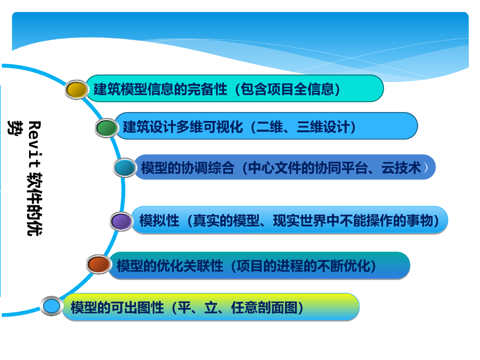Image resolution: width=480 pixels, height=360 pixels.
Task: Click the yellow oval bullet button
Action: pyautogui.click(x=76, y=90)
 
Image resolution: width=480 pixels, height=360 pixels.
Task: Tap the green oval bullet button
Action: pyautogui.click(x=106, y=127)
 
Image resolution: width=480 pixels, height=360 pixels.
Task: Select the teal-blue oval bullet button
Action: pyautogui.click(x=124, y=167)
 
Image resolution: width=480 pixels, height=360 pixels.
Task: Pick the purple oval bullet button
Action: pyautogui.click(x=121, y=221)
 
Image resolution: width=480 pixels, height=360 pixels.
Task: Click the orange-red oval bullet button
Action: pyautogui.click(x=98, y=265)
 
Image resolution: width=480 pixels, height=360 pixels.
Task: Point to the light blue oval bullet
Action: pyautogui.click(x=52, y=306)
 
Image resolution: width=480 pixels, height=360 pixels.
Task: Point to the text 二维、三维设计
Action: pyautogui.click(x=304, y=127)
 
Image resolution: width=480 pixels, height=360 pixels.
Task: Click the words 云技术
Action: pyautogui.click(x=401, y=168)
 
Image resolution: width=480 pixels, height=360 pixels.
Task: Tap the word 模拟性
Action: pyautogui.click(x=159, y=220)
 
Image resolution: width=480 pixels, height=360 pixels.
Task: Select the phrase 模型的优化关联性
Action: pyautogui.click(x=170, y=266)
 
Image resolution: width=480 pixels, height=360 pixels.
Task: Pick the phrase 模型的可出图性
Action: pyautogui.click(x=117, y=307)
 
